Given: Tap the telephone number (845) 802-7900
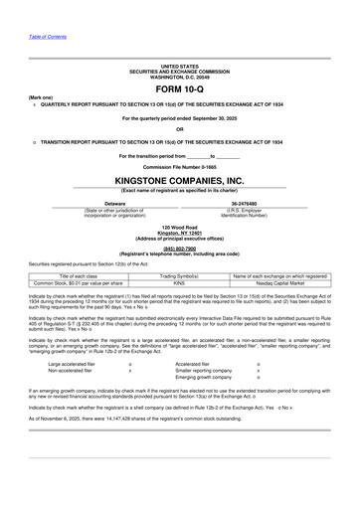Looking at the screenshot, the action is click(x=179, y=249).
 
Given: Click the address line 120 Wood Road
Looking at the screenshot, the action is click(x=179, y=228).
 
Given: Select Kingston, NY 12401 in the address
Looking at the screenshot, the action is click(x=179, y=233).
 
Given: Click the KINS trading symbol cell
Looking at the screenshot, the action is click(x=179, y=283).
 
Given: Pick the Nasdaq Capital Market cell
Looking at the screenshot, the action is click(x=277, y=283).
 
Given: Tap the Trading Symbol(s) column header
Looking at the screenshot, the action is click(x=179, y=275).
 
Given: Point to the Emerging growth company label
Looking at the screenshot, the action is click(x=210, y=378).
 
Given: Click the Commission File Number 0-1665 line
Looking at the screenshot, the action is click(x=179, y=167).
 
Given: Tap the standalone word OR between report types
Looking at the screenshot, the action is click(x=179, y=129).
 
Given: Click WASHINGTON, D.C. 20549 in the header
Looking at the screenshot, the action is click(x=179, y=77).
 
